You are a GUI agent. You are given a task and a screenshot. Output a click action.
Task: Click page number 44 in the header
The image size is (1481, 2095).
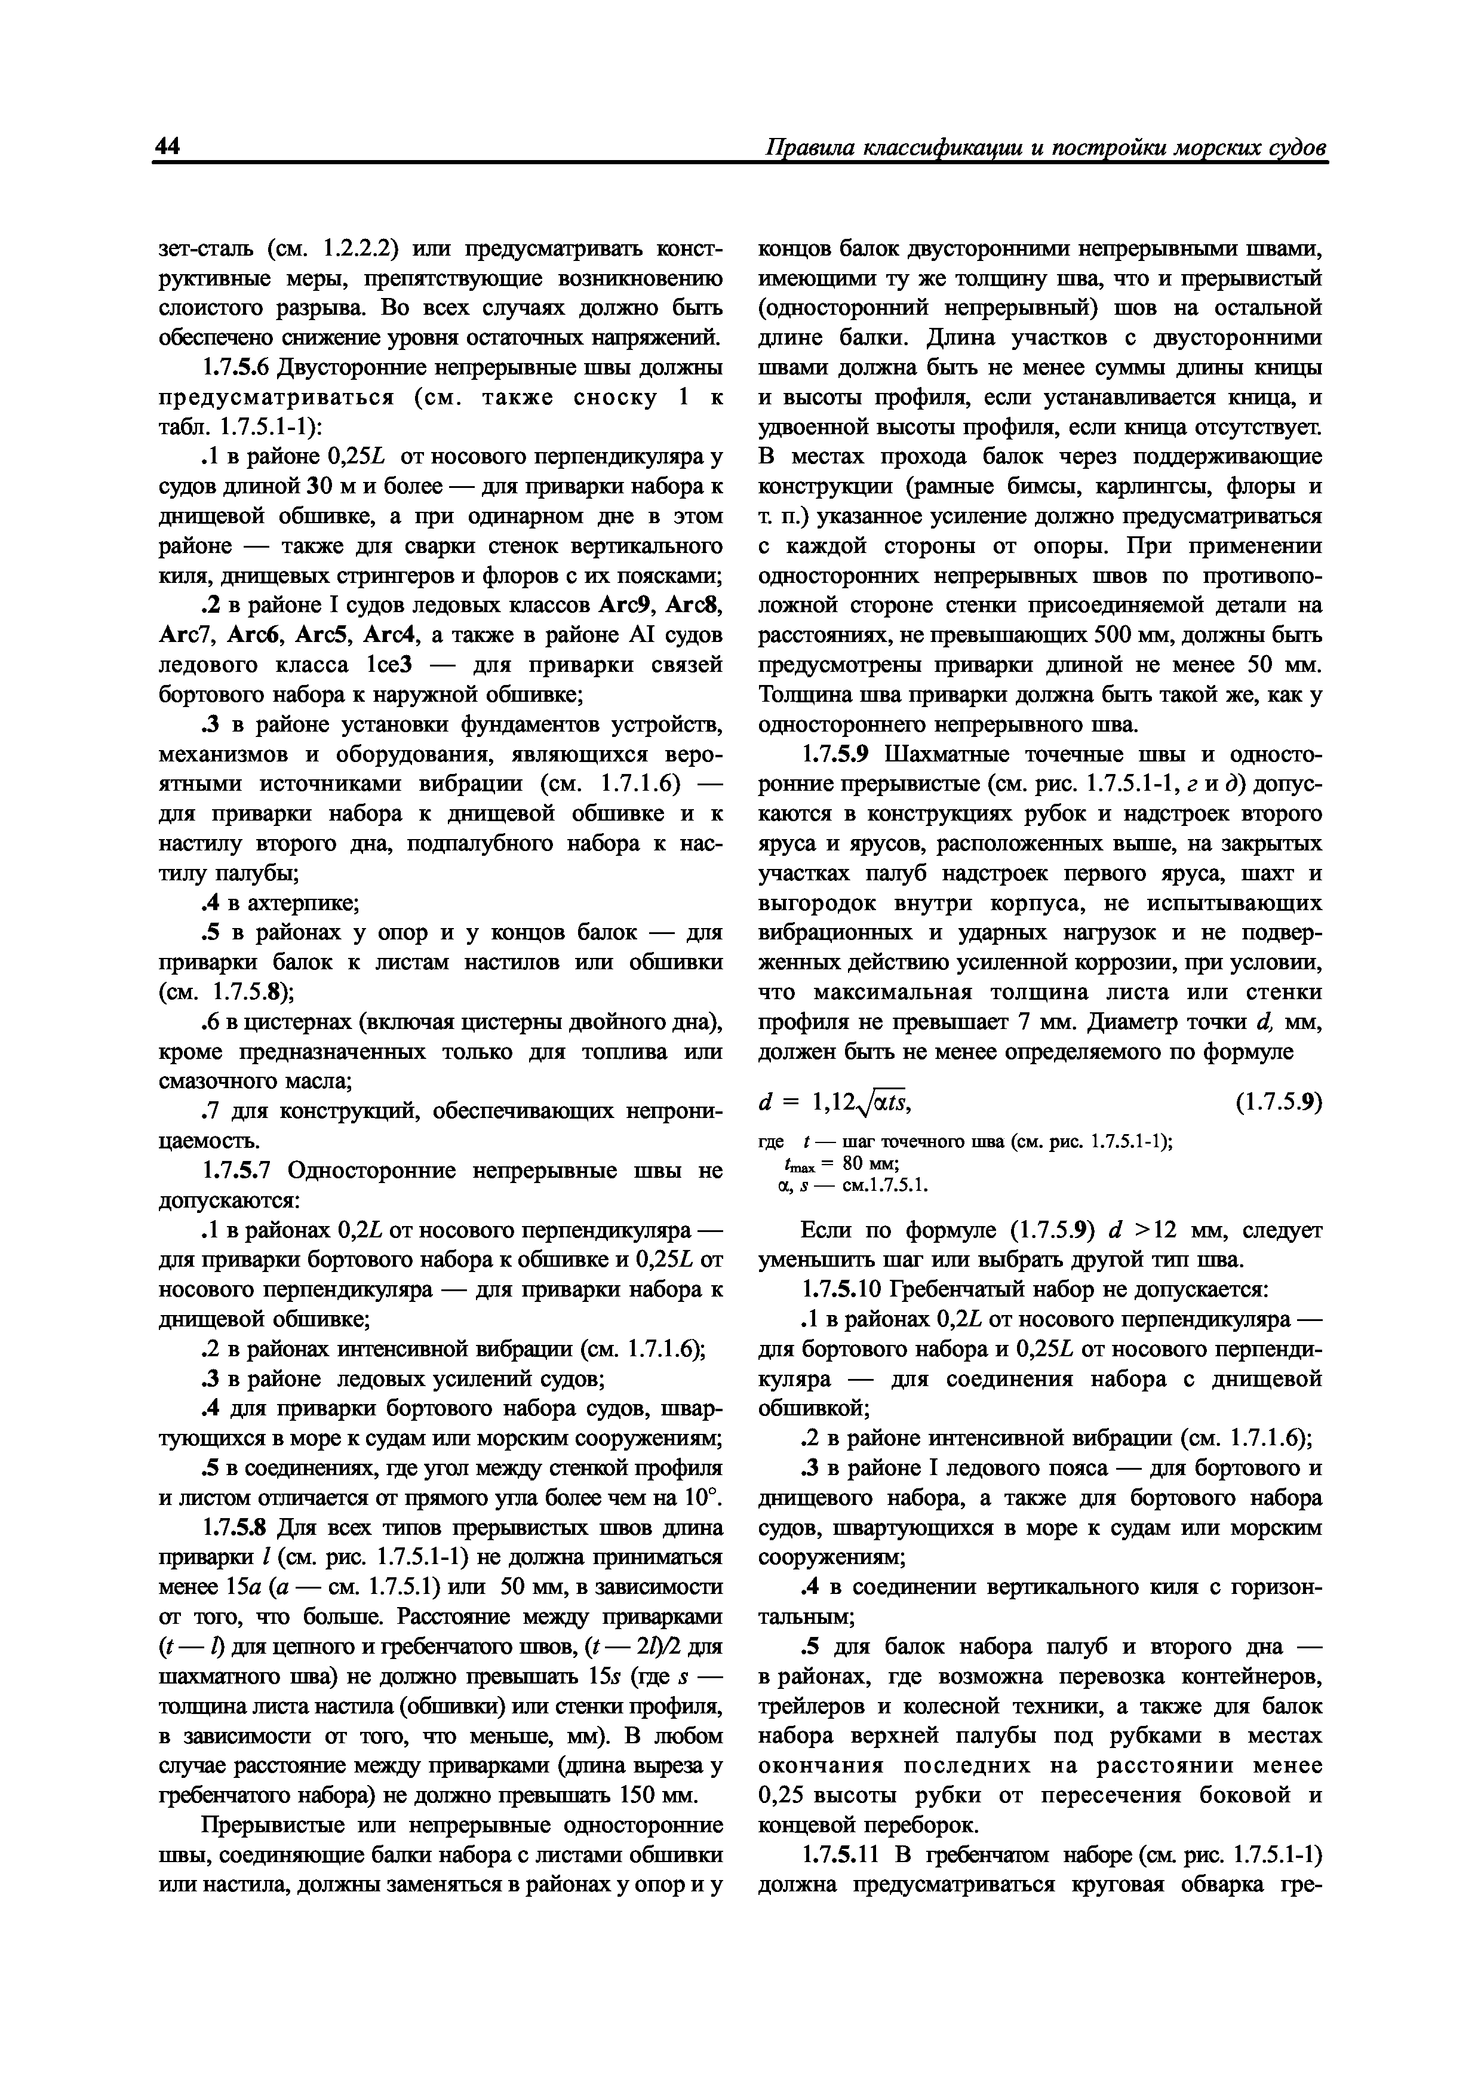point(167,146)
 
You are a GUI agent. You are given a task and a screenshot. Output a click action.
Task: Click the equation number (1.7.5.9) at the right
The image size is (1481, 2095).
point(1277,1103)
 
